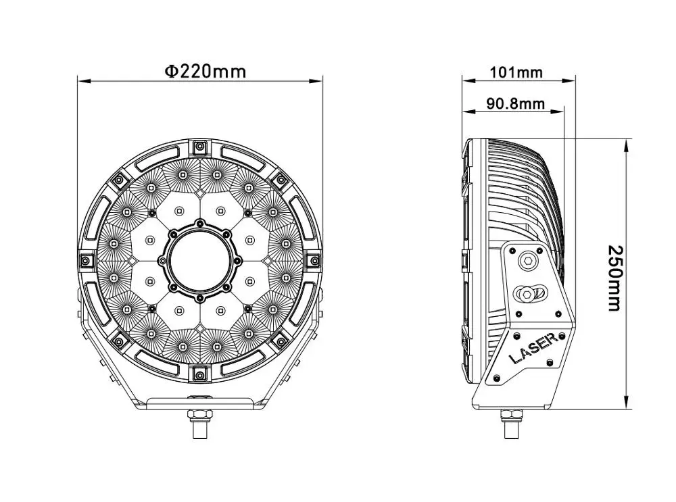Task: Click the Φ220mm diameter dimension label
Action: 206,70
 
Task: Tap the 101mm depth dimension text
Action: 515,72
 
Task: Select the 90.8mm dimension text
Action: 515,103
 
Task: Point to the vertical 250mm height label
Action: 613,278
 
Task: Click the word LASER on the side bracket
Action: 533,349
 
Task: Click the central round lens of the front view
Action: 199,260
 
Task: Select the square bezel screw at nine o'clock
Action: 85,260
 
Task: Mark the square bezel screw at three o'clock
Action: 313,260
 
